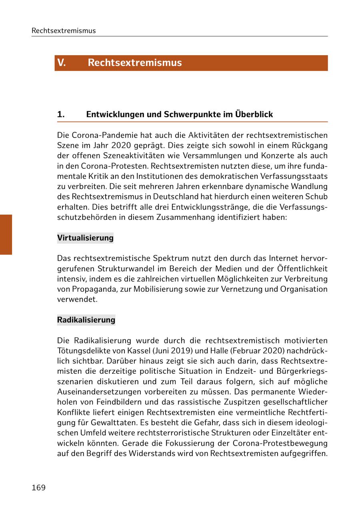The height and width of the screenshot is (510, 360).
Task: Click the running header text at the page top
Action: click(x=64, y=31)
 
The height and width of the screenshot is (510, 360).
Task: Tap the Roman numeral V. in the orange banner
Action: click(x=61, y=63)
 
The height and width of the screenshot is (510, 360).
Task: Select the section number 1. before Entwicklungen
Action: click(x=61, y=114)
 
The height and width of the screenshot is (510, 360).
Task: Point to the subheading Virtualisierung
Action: click(x=85, y=238)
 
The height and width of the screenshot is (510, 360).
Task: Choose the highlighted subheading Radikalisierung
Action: click(x=86, y=320)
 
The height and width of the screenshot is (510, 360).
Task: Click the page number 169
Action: click(x=38, y=488)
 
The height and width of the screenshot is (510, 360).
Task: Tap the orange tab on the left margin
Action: click(x=6, y=234)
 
